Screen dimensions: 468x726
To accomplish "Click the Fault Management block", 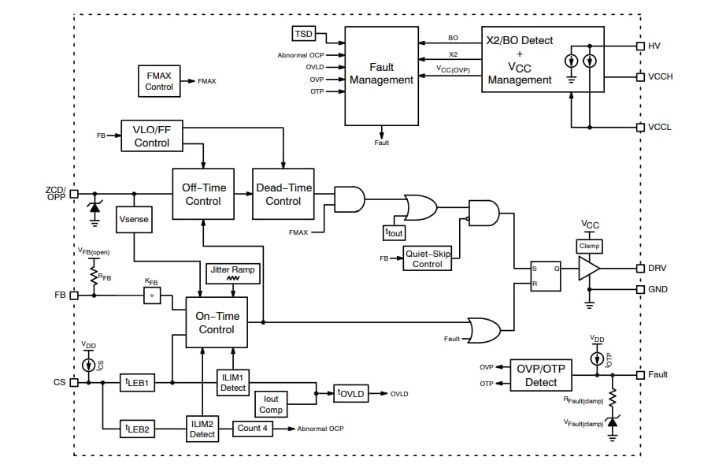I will coord(381,74).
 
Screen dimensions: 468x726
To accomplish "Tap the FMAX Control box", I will coord(159,81).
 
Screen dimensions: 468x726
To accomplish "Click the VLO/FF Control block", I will coord(151,136).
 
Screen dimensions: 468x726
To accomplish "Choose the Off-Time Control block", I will coord(203,194).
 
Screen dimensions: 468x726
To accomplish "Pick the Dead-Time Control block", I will coord(283,194).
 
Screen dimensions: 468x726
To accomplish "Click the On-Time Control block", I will coord(216,322).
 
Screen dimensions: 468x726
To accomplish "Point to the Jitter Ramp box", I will coord(232,273).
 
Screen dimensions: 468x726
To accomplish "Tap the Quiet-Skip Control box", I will coord(428,258).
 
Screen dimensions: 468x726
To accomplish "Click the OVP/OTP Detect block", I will coord(541,375).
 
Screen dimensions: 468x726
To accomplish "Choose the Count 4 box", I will coord(254,428).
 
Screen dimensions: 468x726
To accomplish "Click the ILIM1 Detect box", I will coord(232,383).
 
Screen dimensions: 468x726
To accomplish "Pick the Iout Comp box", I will coord(272,404).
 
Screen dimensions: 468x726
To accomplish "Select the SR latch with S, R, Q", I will coord(544,276).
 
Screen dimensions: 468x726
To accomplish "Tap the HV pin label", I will coord(654,46).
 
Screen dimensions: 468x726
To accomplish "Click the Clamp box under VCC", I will coord(589,246).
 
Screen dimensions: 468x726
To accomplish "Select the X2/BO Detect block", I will coord(542,60).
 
